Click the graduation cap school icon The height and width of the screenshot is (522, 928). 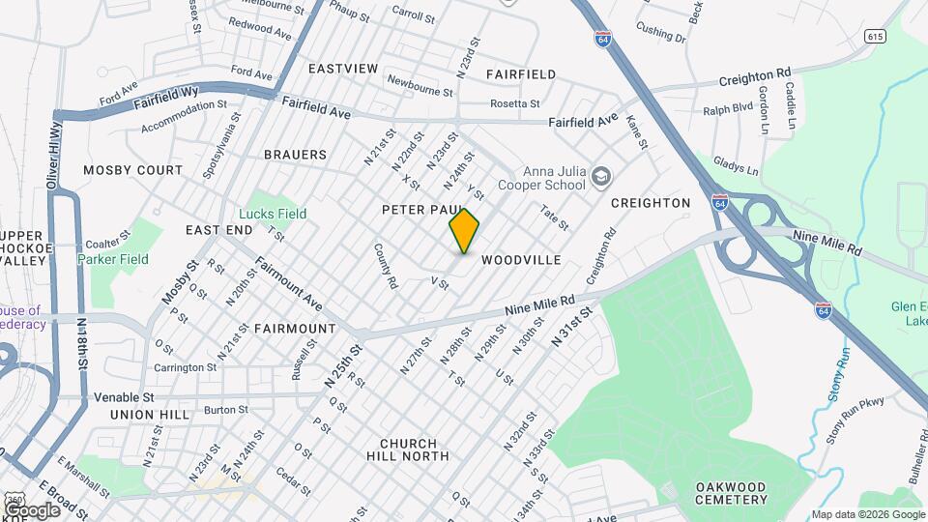pos(602,176)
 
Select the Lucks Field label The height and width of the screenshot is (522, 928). pos(273,214)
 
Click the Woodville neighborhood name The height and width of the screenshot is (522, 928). pos(521,260)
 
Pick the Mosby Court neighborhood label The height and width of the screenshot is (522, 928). pos(132,170)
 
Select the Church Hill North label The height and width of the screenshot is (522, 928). pos(408,449)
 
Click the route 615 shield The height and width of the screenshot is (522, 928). pos(876,37)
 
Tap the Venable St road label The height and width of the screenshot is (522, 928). pos(124,396)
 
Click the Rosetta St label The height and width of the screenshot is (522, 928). pos(514,103)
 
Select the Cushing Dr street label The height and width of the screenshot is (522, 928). pos(660,34)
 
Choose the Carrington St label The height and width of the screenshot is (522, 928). pos(185,367)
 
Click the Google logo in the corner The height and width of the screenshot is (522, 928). pos(33,509)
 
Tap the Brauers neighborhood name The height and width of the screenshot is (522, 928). pos(295,155)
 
